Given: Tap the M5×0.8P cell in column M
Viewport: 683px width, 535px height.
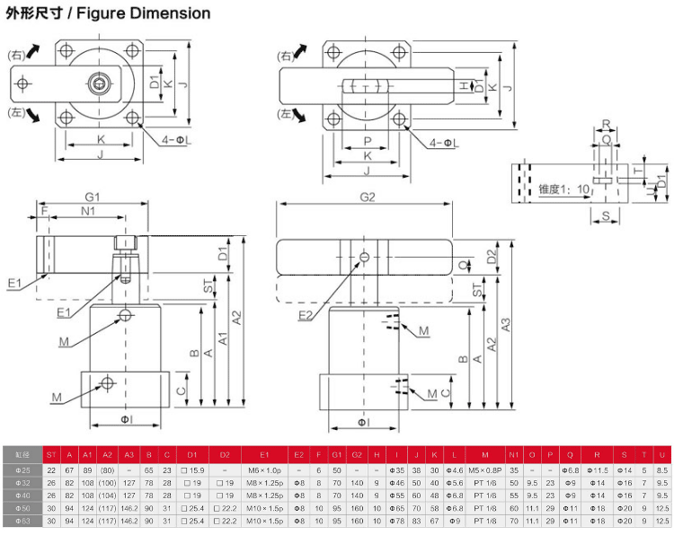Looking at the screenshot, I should (484, 469).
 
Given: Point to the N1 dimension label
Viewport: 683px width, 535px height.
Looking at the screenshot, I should (87, 213).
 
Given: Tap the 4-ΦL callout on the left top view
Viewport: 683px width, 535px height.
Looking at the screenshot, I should (179, 140).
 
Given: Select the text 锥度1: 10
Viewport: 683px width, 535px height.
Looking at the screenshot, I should (565, 189).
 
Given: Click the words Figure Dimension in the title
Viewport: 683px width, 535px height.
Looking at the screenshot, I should (152, 13).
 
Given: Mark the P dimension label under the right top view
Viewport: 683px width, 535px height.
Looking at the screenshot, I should (368, 141).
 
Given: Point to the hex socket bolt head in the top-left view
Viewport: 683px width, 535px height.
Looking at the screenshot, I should (98, 84).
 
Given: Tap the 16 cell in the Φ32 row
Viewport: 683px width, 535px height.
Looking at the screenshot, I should (626, 482).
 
